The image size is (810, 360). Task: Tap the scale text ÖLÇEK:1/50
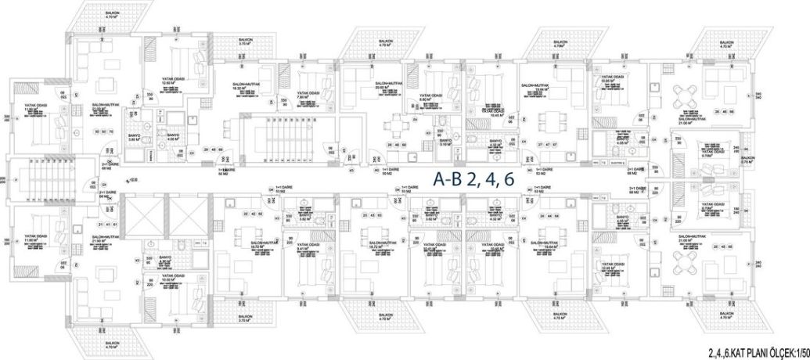point(783,353)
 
